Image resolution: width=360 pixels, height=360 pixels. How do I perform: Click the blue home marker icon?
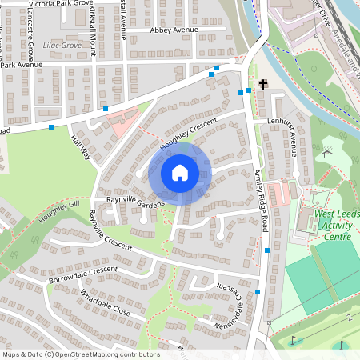click(x=180, y=172)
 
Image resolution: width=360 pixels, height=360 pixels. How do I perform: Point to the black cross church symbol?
click(x=262, y=84)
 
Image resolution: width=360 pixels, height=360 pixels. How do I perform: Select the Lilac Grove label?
click(x=63, y=46)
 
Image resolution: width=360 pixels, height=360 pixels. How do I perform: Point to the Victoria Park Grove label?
click(x=61, y=4)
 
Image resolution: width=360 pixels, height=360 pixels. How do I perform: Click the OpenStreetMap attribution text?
click(x=80, y=354)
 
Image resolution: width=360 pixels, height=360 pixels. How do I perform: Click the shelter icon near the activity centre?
click(x=326, y=150)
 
